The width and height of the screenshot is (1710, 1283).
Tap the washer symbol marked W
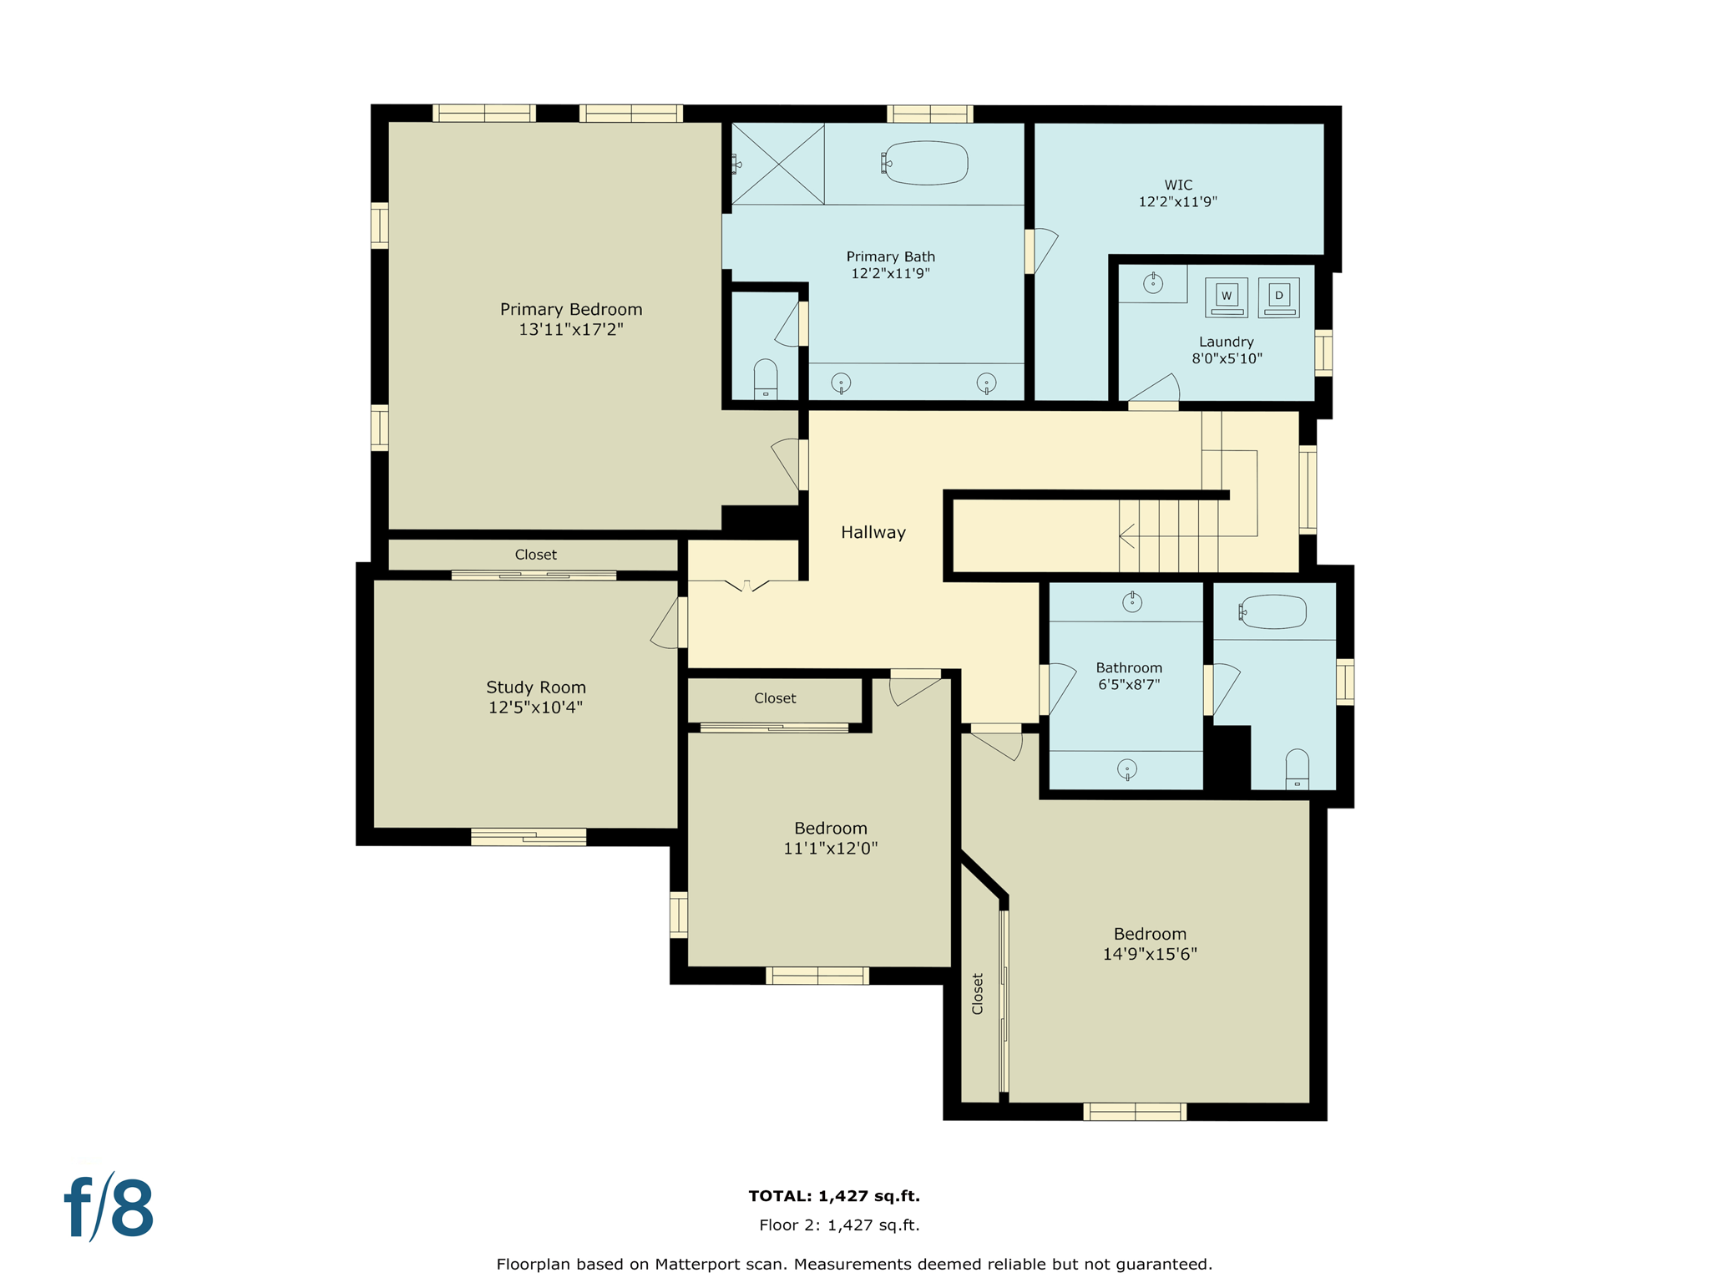coord(1226,297)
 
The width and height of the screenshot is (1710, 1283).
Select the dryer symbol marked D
coord(1278,297)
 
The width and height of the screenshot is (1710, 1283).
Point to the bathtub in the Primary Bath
coord(926,163)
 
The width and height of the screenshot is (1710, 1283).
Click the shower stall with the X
coord(778,164)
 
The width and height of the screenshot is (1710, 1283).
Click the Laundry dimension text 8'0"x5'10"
coord(1227,359)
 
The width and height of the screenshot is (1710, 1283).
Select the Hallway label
coord(873,533)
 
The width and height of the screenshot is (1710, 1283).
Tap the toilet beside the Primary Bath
coord(766,379)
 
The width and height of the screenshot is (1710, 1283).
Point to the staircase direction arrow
coord(1127,535)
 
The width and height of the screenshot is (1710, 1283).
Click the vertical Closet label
coord(978,993)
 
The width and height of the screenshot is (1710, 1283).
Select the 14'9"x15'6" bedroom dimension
coord(1150,955)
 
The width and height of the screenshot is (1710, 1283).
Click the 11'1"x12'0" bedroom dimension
coord(830,849)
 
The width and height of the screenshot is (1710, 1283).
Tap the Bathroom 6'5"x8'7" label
coord(1129,676)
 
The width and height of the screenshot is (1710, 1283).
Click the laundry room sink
coord(1153,284)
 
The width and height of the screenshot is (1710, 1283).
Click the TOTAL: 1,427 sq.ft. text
coord(834,1196)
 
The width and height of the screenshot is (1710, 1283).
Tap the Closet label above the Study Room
coord(535,555)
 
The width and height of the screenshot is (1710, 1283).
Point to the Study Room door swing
coord(665,625)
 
